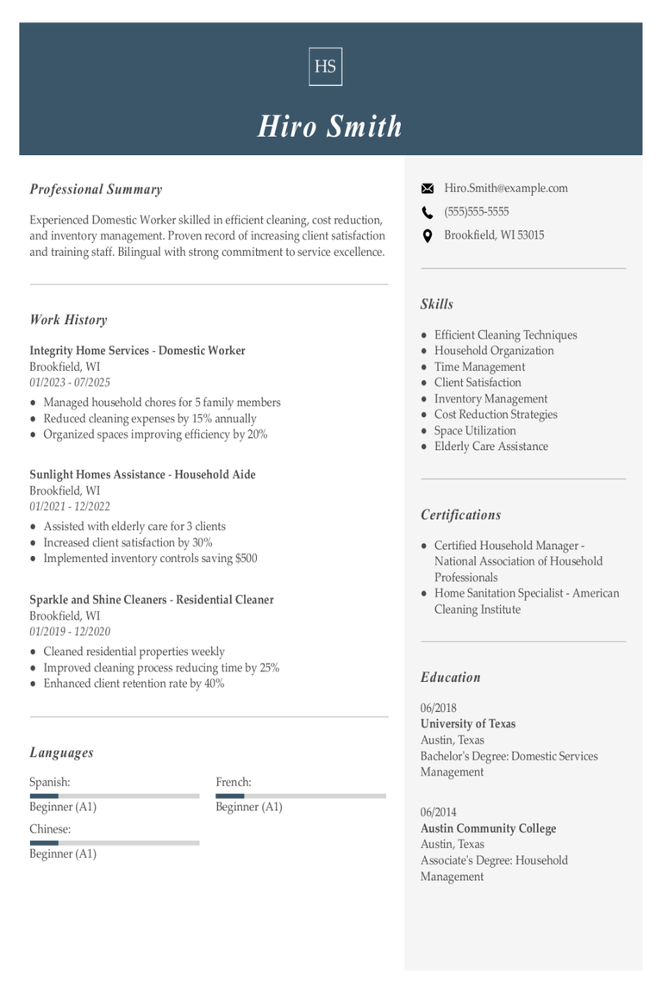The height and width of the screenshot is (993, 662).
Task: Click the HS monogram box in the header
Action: point(325,66)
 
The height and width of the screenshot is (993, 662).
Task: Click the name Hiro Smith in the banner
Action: point(330,126)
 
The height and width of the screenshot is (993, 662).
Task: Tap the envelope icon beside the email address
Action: point(427,189)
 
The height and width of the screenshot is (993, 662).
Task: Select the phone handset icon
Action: point(427,212)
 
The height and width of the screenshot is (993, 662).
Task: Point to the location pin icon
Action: point(427,235)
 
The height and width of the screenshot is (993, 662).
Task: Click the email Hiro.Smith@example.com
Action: point(506,188)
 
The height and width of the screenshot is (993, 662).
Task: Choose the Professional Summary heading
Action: point(96,190)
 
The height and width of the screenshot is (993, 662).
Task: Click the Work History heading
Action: point(68,320)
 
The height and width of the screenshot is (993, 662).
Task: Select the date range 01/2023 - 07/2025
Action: point(70,383)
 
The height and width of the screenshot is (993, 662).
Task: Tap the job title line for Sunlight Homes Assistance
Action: point(142,475)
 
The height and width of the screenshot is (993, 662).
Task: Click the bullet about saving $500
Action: point(150,559)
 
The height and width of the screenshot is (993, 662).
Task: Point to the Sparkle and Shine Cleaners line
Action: point(152,600)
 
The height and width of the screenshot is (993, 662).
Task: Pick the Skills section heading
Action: point(436,304)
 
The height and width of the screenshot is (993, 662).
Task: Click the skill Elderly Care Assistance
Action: point(490,447)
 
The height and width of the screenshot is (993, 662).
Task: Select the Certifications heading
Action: point(460,515)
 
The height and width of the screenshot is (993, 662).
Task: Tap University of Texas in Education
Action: point(468,724)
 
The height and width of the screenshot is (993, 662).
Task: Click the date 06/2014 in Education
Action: point(439,812)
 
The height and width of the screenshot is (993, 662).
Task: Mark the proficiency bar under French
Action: point(301,796)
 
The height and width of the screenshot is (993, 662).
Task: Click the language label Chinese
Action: point(50,829)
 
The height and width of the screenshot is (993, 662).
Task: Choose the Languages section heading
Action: point(61,753)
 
